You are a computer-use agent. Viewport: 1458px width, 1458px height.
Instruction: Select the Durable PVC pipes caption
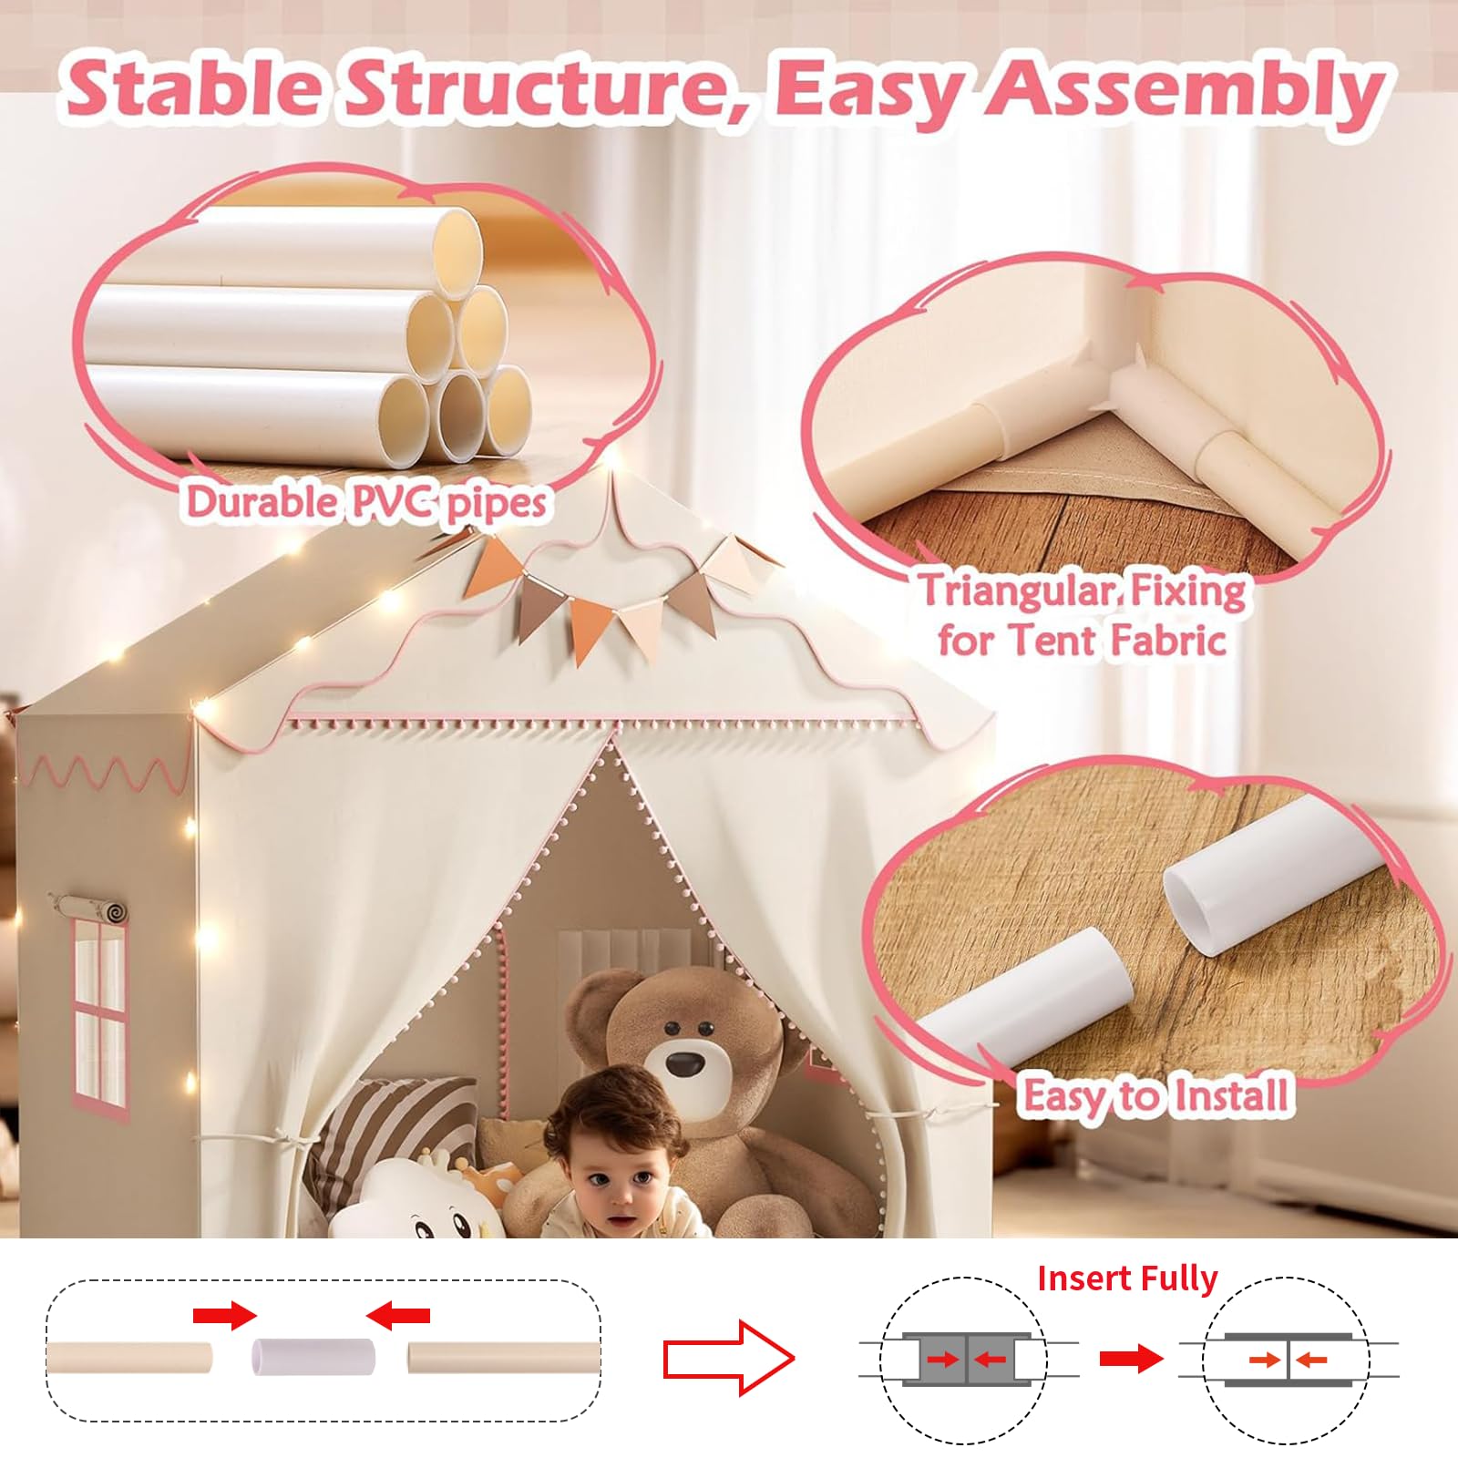(x=366, y=501)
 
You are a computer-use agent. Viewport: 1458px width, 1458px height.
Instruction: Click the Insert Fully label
(x=1127, y=1279)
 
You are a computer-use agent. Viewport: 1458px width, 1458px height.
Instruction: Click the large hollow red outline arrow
(x=728, y=1359)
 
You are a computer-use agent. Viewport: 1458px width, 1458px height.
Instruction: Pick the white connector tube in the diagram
(x=313, y=1356)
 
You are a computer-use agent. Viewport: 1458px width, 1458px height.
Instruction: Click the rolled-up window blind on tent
(x=90, y=908)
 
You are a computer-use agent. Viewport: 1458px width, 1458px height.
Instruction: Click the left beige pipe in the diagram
(x=129, y=1357)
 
